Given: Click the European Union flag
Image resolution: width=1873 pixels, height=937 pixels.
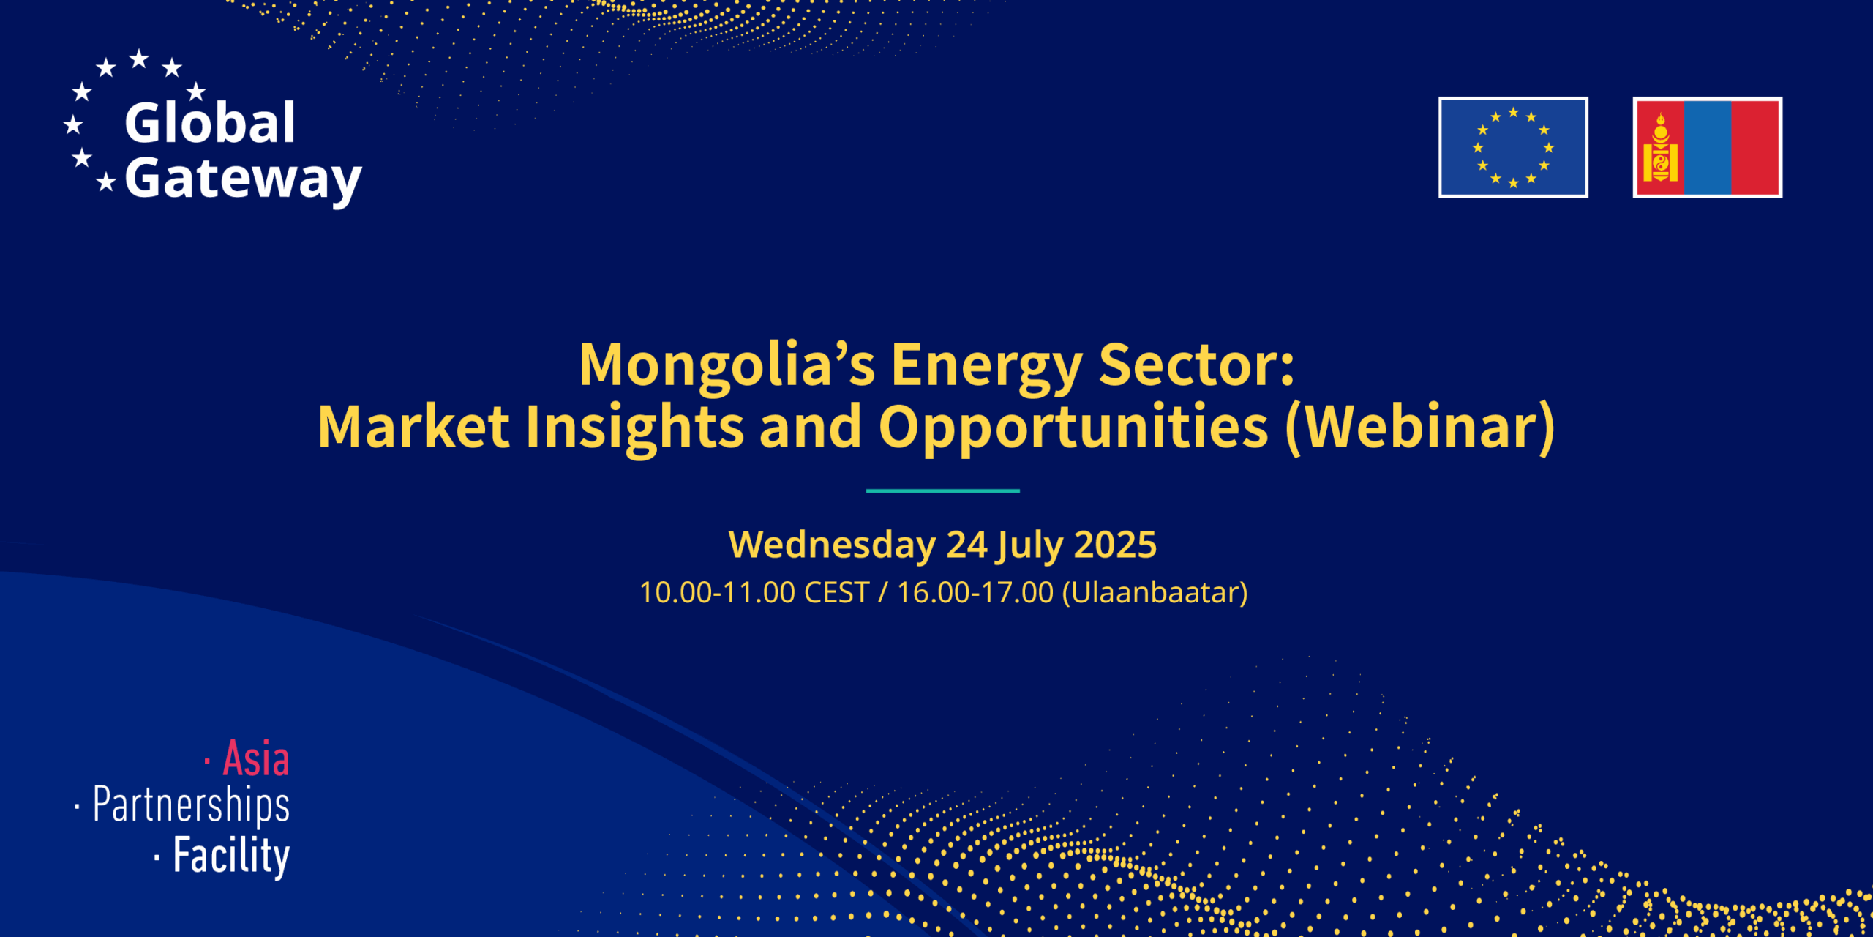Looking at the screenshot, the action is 1513,147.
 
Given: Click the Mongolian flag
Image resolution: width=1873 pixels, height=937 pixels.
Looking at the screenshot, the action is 1708,147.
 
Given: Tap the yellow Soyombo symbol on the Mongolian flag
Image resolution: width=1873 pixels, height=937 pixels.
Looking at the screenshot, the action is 1660,147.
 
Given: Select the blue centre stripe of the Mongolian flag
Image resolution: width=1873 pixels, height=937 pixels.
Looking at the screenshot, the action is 1708,147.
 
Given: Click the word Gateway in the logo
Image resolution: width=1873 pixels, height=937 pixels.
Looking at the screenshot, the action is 243,180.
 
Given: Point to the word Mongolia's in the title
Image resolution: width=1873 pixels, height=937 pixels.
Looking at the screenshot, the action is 727,365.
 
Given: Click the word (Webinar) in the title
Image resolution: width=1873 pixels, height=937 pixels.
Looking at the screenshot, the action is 1420,428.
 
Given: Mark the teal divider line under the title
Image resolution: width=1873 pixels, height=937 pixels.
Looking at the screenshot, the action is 942,490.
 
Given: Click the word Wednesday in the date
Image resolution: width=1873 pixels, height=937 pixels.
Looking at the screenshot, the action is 832,545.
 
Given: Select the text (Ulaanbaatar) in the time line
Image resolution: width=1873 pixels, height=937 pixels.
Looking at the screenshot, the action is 1155,592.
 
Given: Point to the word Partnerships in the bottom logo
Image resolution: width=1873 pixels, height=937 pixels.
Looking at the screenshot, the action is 191,805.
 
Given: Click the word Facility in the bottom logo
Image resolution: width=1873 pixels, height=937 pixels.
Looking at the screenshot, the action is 231,856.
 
